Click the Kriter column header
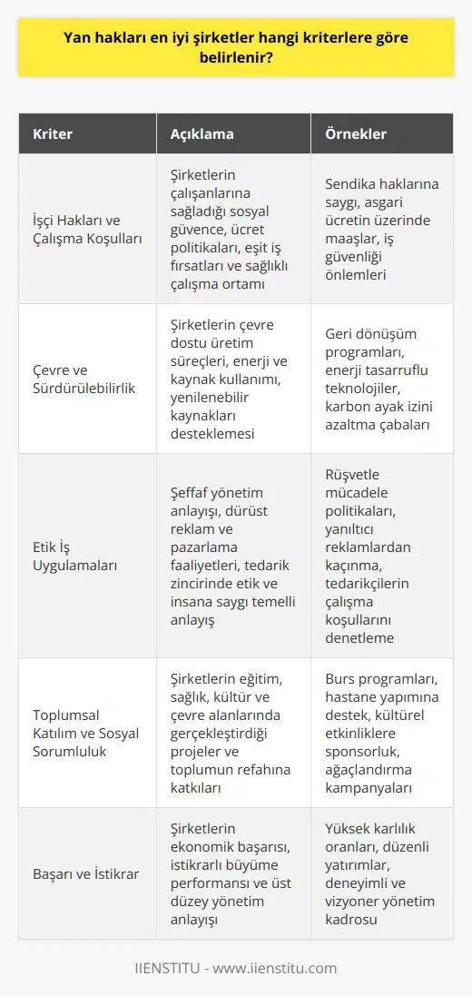click(53, 133)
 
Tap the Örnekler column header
click(356, 133)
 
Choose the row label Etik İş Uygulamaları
click(69, 555)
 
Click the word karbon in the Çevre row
click(346, 407)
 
